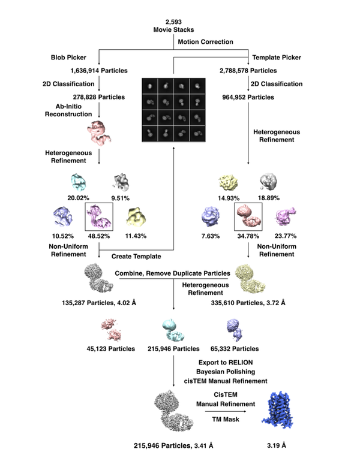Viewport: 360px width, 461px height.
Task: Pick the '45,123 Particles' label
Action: coord(116,348)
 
